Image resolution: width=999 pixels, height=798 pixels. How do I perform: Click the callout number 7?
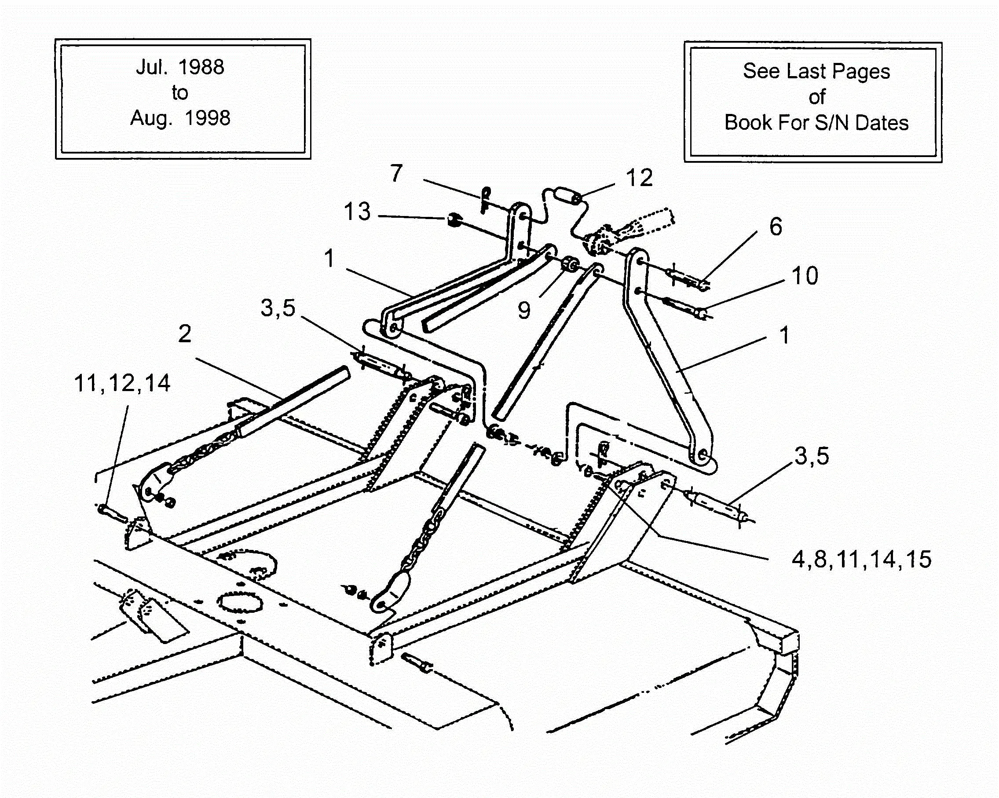(x=396, y=174)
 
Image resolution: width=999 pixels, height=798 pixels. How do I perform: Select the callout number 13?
(x=357, y=212)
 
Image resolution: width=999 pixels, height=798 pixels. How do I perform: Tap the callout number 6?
(x=776, y=227)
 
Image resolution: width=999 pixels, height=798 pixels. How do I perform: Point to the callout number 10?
(x=805, y=276)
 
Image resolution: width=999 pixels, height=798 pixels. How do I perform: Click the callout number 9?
(x=524, y=311)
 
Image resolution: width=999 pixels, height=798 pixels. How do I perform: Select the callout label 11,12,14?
(x=122, y=384)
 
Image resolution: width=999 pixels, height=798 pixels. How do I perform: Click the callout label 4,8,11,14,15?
(x=861, y=559)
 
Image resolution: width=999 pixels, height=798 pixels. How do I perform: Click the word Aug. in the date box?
(x=151, y=119)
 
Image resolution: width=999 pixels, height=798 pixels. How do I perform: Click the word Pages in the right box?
(x=860, y=71)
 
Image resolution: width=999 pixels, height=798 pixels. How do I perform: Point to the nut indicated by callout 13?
(x=453, y=219)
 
